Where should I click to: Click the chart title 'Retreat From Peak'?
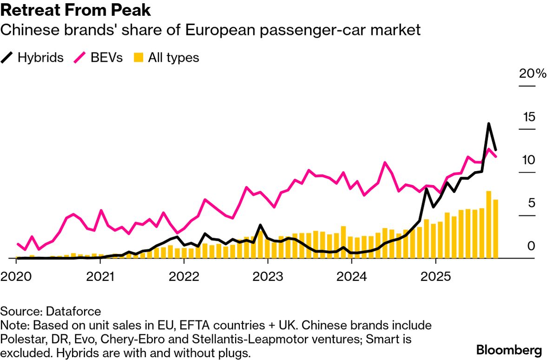(x=75, y=10)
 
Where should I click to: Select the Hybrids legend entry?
(x=33, y=58)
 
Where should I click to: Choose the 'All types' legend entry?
(x=166, y=58)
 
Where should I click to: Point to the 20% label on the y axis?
(x=533, y=74)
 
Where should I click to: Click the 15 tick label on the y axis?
(x=528, y=117)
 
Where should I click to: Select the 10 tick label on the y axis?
(x=528, y=160)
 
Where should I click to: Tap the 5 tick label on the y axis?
(x=532, y=203)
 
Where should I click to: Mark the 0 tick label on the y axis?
(x=532, y=246)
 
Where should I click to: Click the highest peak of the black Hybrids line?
(x=488, y=124)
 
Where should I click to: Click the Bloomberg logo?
(x=509, y=349)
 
